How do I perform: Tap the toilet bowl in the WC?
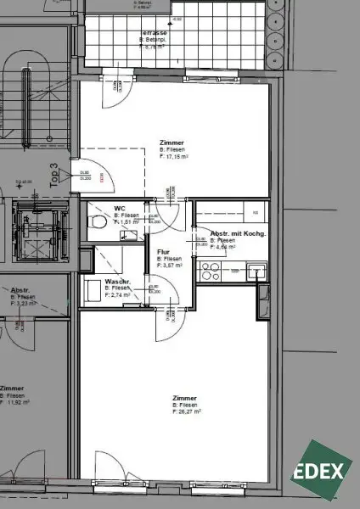click(x=99, y=222)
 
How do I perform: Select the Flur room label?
click(x=165, y=252)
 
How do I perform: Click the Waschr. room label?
click(x=116, y=281)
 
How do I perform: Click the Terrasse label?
click(x=154, y=33)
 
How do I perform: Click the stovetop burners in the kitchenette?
click(x=210, y=271)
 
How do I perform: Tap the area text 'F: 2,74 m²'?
click(x=118, y=294)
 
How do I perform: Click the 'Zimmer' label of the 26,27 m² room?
click(x=184, y=398)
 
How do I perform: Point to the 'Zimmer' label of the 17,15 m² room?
click(x=172, y=142)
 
